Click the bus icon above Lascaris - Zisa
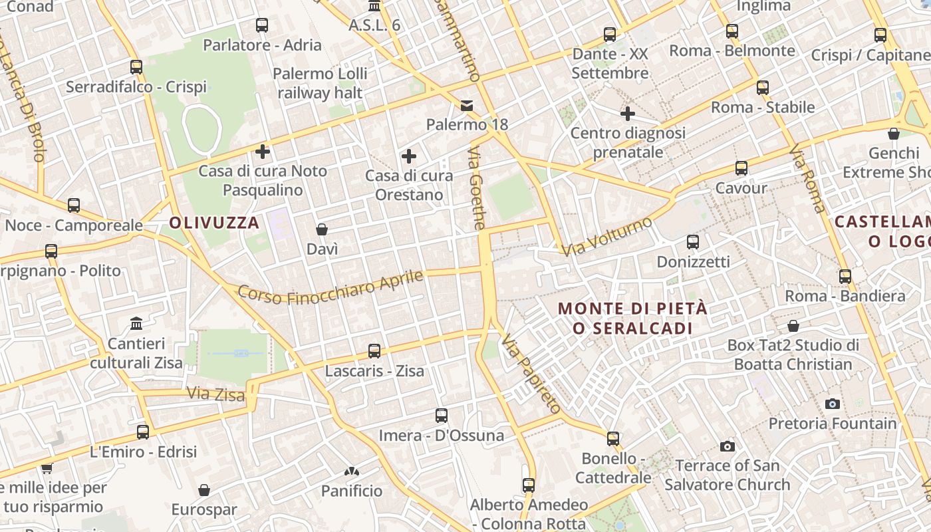point(374,350)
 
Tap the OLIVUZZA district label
point(213,223)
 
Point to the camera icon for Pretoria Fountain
point(832,404)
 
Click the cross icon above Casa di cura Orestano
point(409,156)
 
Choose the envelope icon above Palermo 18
point(467,105)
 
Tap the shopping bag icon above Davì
point(322,229)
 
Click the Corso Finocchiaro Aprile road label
point(331,287)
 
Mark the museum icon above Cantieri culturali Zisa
point(136,324)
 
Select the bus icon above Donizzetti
point(693,242)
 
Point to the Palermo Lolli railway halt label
point(320,83)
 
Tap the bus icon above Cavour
point(741,168)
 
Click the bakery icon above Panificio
point(352,471)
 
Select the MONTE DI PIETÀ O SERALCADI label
point(632,318)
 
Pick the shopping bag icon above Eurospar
point(204,490)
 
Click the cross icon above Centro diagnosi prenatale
point(628,114)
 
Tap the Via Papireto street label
point(531,373)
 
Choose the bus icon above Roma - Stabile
point(763,87)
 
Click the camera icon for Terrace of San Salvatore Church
point(728,446)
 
